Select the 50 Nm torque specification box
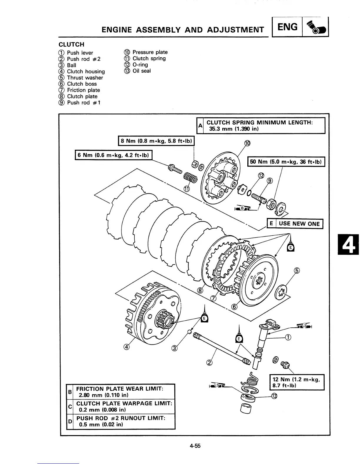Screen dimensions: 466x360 [x=286, y=162]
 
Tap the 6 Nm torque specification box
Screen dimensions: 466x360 [x=113, y=155]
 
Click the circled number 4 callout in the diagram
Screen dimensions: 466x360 [x=126, y=347]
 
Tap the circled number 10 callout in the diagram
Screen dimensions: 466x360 [x=247, y=143]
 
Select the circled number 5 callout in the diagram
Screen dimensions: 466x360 [x=297, y=271]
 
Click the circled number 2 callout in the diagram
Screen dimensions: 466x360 [x=209, y=362]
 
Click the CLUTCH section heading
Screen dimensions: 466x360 [x=71, y=44]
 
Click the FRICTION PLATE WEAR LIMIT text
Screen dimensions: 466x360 [x=120, y=389]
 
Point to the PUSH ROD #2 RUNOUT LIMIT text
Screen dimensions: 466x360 [x=121, y=418]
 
